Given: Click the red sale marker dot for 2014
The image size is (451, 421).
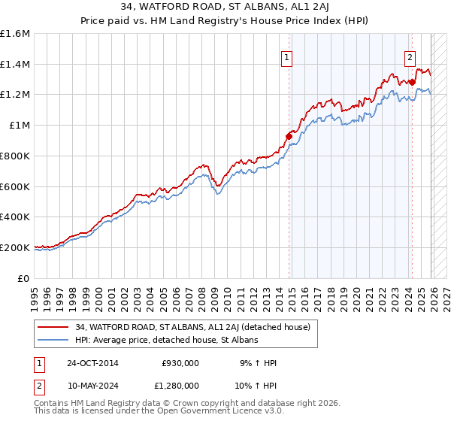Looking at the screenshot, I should click(289, 136).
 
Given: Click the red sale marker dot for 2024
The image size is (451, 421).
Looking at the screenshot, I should click(412, 82).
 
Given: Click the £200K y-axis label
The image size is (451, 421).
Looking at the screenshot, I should click(15, 247).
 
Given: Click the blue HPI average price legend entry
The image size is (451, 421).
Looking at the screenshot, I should click(166, 341).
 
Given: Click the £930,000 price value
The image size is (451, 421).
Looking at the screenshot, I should click(180, 363).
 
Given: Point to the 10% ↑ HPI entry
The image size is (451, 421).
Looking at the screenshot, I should click(255, 385).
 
